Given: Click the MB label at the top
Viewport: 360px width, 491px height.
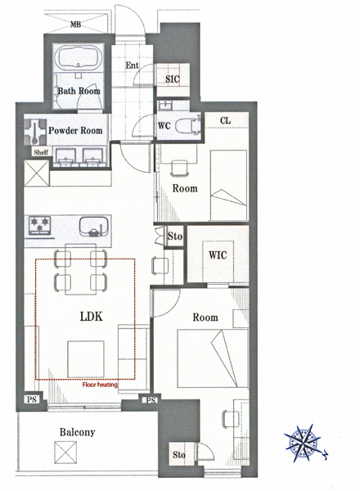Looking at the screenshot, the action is click(75, 24).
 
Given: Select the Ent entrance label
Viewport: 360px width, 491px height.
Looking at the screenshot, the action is click(132, 65).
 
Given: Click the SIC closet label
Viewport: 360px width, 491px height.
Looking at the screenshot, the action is click(173, 79).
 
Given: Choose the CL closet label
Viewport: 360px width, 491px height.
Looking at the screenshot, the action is click(225, 120).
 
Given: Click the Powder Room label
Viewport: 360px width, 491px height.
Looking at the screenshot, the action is click(75, 130).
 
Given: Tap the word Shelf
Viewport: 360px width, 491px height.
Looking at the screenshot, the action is click(41, 152).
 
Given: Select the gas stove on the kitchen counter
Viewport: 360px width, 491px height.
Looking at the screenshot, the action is click(39, 225).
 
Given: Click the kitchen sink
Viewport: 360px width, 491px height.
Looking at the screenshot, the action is click(94, 227).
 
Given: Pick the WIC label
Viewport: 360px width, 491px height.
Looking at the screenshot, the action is click(218, 255).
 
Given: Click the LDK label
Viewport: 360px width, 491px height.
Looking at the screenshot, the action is click(92, 317).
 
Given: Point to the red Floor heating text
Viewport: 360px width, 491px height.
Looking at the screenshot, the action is click(100, 385).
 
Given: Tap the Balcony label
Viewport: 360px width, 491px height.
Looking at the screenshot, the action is click(78, 432).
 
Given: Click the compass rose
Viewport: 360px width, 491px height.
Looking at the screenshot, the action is click(303, 443).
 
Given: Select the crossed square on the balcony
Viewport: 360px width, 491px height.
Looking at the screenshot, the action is click(65, 453).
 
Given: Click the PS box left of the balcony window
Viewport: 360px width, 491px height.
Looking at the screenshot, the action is click(32, 399).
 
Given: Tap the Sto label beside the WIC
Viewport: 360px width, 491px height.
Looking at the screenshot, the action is click(174, 236).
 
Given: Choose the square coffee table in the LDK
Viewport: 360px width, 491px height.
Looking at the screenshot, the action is click(86, 359).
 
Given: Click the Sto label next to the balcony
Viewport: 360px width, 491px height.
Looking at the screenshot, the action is click(178, 454).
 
